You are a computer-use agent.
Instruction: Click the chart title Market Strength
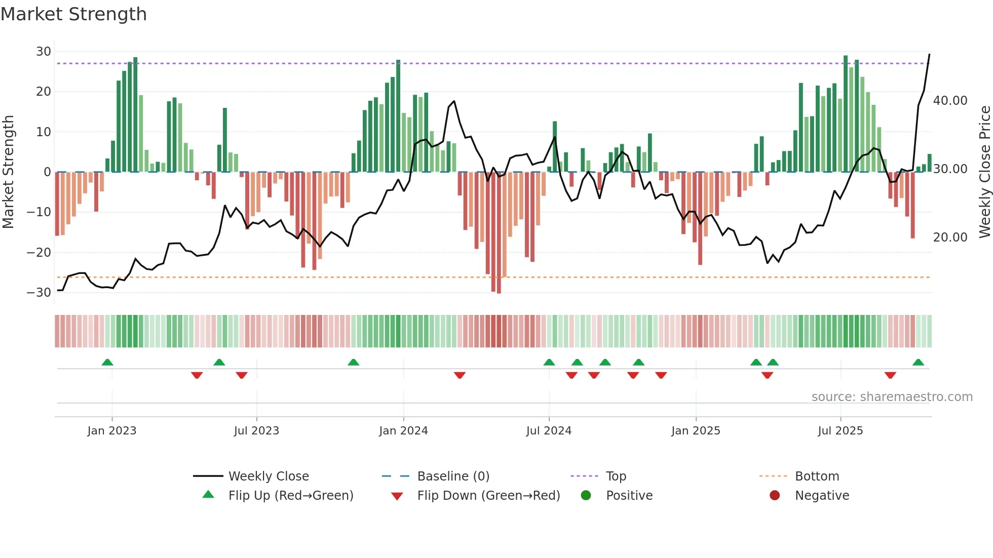[73, 14]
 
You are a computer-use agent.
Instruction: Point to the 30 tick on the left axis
[44, 52]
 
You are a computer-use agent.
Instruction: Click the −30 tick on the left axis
[39, 293]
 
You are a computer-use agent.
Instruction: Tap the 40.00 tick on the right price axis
[950, 101]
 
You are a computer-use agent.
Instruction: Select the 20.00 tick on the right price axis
[950, 237]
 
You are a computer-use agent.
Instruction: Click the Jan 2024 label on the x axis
[403, 431]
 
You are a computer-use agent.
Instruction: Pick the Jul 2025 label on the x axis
[840, 431]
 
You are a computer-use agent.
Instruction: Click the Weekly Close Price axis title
[984, 172]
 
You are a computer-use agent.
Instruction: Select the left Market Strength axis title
[9, 172]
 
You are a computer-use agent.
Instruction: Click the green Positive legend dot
[586, 496]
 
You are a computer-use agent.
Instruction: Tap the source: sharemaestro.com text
[892, 397]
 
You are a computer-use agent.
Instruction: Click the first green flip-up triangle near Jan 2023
[107, 363]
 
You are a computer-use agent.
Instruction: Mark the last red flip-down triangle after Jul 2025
[890, 375]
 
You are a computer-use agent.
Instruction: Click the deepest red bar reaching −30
[499, 233]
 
